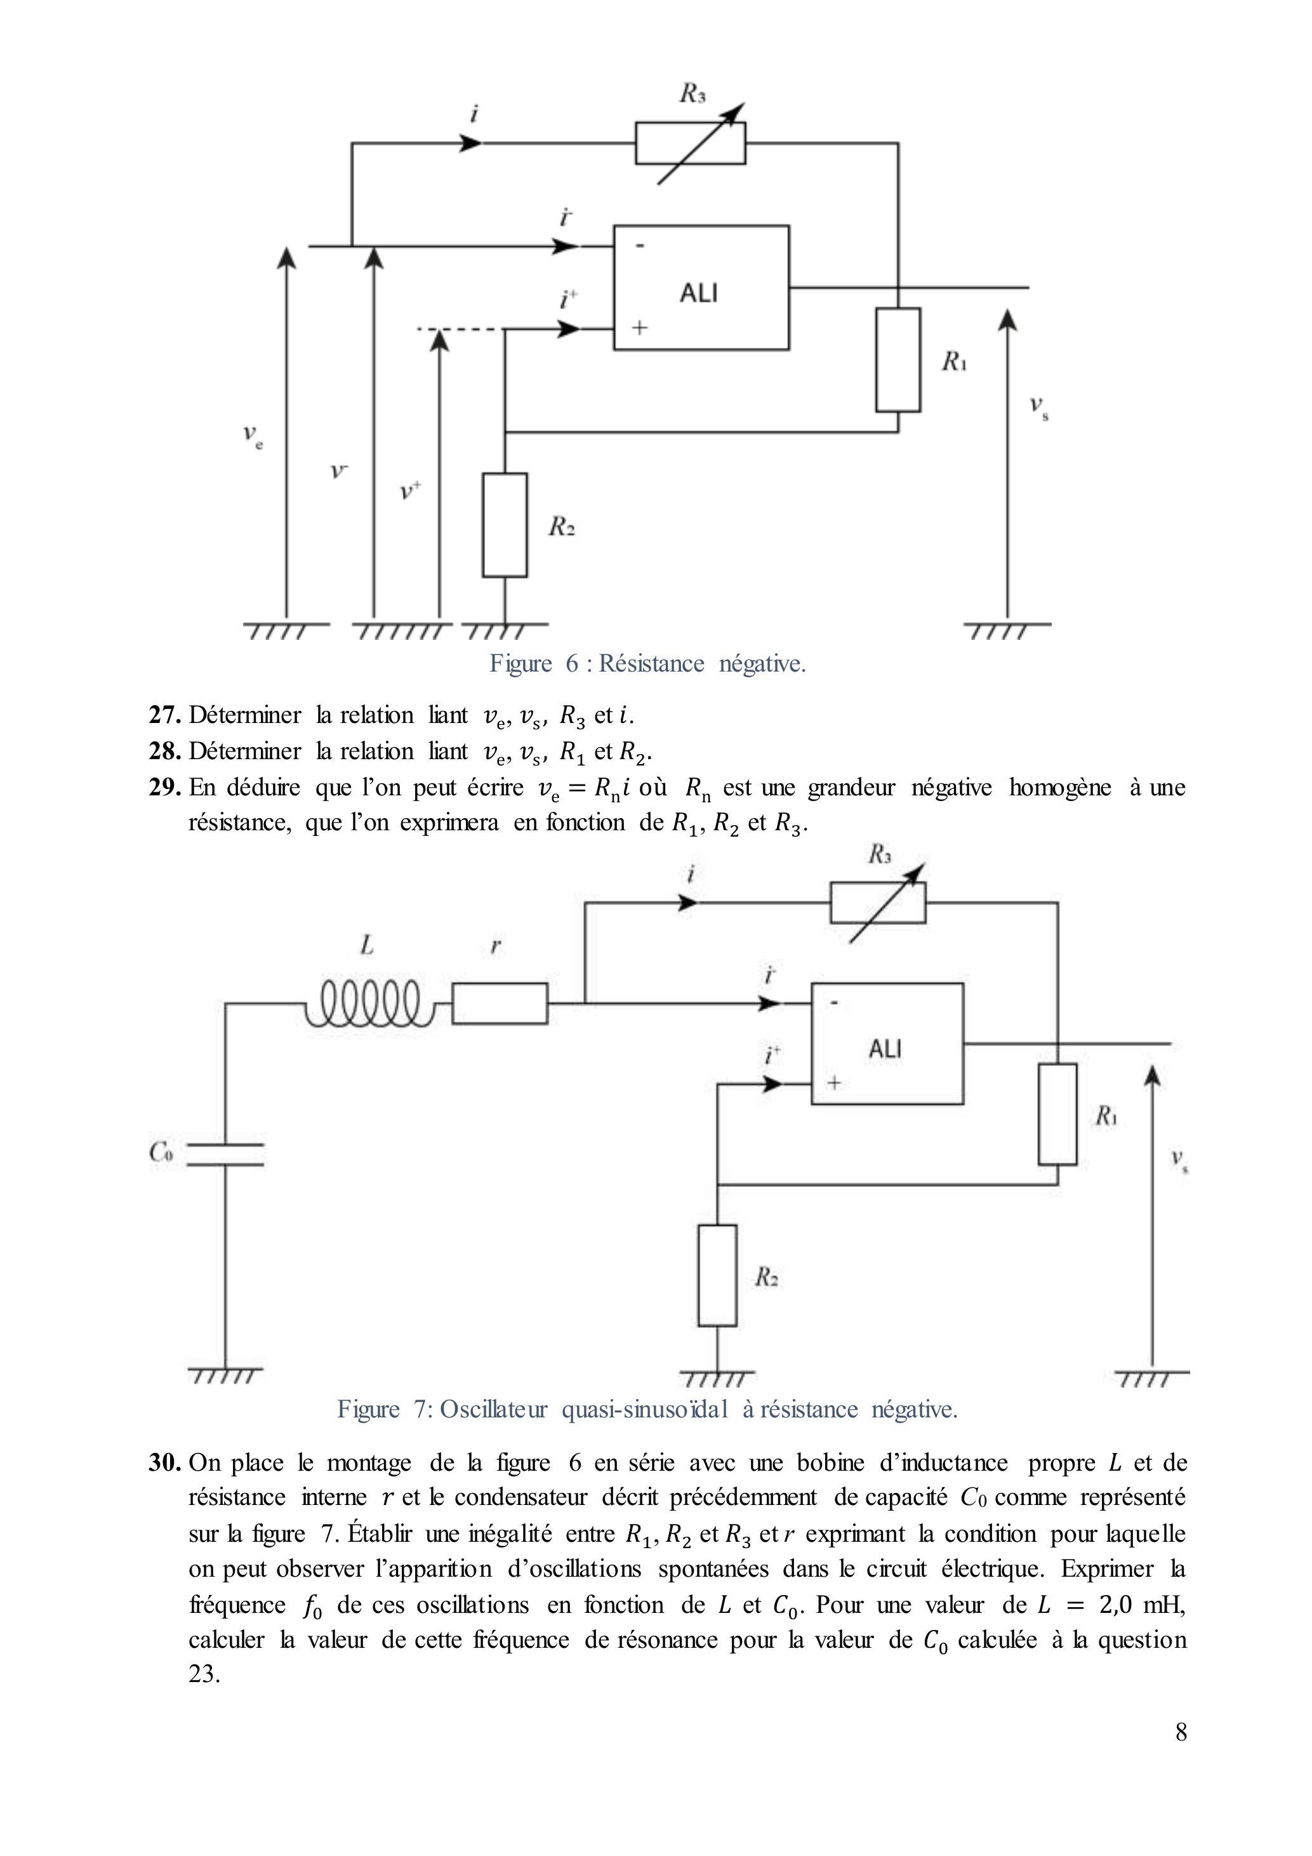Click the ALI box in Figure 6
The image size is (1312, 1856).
pos(701,287)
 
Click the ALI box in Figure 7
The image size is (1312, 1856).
pos(887,1043)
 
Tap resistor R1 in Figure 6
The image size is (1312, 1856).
pos(898,360)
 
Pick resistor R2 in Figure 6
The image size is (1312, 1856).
pos(505,525)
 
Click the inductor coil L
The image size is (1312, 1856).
pos(370,1003)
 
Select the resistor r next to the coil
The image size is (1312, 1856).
pos(500,1003)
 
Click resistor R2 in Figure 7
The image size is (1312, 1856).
pos(717,1275)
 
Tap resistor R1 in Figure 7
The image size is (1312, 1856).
pos(1057,1114)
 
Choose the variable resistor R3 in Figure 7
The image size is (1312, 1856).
pos(878,903)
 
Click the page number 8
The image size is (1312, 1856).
pos(1181,1753)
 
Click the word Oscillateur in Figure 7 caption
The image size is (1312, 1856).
pos(493,1409)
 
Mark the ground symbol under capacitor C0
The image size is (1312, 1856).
pos(225,1374)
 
